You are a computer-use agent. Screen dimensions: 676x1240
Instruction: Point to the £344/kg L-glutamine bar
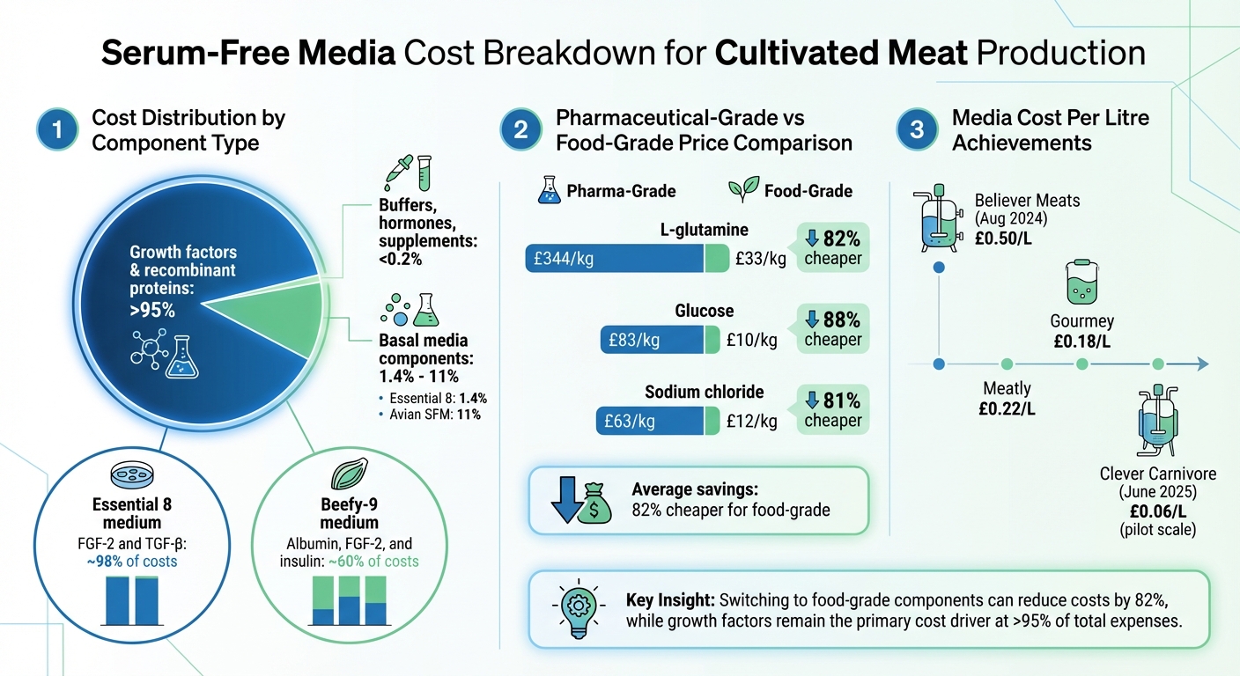615,259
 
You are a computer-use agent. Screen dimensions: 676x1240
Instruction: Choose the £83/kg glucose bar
652,340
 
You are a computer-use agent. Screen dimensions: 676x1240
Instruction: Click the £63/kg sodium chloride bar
649,421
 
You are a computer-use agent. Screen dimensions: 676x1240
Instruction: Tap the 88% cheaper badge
832,327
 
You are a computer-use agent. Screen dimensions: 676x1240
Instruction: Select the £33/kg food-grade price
761,259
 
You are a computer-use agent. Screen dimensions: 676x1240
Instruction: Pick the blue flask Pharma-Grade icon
549,190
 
